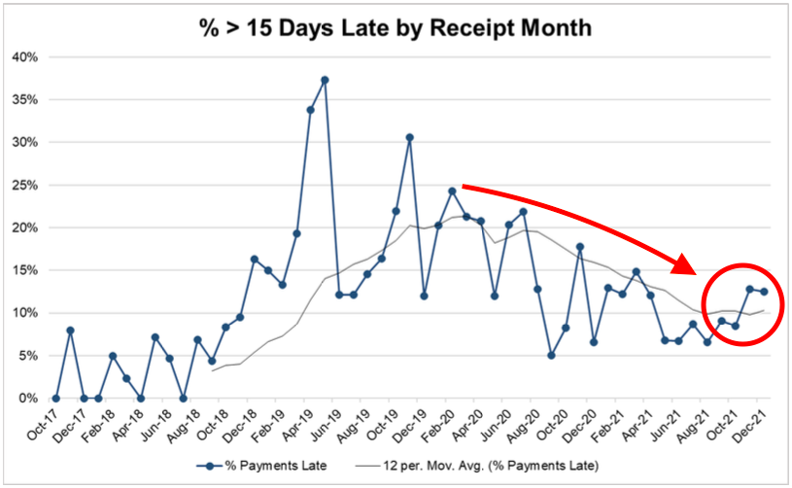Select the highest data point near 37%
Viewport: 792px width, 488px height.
click(325, 80)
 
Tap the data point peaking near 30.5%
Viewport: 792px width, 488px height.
click(409, 137)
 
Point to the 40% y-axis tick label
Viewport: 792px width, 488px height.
click(24, 56)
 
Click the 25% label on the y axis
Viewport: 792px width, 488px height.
click(24, 185)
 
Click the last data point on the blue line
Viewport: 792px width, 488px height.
click(764, 292)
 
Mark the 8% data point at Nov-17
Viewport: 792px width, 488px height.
click(70, 331)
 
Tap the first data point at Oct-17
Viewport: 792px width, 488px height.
click(55, 399)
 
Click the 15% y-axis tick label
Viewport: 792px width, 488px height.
click(24, 270)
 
